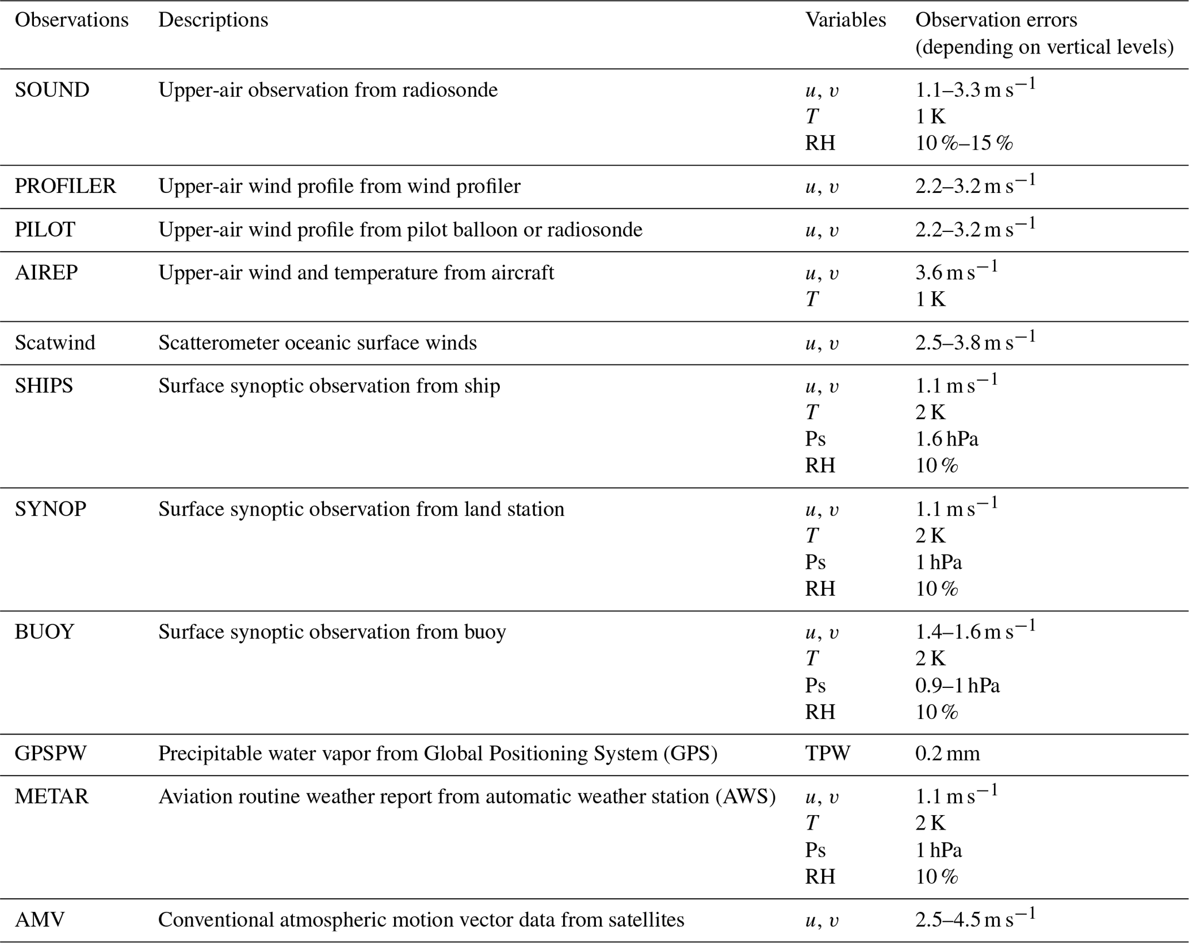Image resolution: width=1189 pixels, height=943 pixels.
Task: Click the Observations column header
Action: pyautogui.click(x=71, y=20)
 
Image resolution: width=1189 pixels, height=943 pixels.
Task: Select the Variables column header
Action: pyautogui.click(x=845, y=20)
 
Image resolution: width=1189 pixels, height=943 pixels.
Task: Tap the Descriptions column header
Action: pyautogui.click(x=213, y=20)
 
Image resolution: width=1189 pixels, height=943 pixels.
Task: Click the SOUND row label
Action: pyautogui.click(x=52, y=90)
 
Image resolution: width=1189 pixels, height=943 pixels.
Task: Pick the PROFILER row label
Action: pyautogui.click(x=65, y=187)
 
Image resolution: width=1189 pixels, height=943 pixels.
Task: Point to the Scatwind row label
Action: pyautogui.click(x=55, y=343)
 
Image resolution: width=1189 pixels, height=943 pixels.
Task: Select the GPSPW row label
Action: pyautogui.click(x=51, y=754)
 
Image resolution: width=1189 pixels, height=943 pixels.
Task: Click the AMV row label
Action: pyautogui.click(x=40, y=920)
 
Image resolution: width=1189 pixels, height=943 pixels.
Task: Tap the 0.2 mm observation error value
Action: pyautogui.click(x=947, y=754)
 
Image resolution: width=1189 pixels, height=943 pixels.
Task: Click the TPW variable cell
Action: pyautogui.click(x=827, y=754)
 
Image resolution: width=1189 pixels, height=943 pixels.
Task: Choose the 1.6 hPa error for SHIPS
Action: pyautogui.click(x=946, y=439)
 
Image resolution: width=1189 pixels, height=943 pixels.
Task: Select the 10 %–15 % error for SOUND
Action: pyautogui.click(x=964, y=143)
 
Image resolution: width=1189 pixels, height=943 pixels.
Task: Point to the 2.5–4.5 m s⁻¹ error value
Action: pyautogui.click(x=975, y=919)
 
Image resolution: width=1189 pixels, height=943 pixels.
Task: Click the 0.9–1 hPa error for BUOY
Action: pyautogui.click(x=957, y=686)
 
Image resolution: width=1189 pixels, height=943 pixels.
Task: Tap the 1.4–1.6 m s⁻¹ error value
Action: pyautogui.click(x=975, y=632)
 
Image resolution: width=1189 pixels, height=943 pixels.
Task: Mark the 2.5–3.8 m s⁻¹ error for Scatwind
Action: pyautogui.click(x=975, y=343)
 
